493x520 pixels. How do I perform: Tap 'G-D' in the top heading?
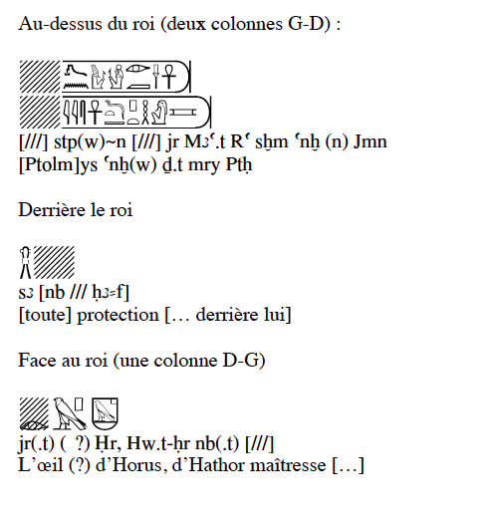tap(309, 24)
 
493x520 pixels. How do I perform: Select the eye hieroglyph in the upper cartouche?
tap(138, 69)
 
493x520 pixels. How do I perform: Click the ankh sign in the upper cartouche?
tap(169, 76)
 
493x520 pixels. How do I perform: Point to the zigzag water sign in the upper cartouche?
tap(76, 86)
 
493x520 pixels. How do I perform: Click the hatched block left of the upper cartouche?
tap(40, 77)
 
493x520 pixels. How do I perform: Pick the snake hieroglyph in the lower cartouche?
tap(115, 113)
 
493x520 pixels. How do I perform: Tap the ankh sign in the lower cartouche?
tap(95, 112)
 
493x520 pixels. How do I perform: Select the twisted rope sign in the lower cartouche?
tap(145, 113)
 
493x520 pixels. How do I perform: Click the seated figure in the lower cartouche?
tap(159, 113)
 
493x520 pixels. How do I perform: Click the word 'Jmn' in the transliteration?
tap(370, 141)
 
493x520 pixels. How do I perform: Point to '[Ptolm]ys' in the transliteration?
tap(58, 164)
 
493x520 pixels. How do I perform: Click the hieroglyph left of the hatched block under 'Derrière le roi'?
tap(25, 262)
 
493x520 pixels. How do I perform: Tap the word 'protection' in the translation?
tap(118, 315)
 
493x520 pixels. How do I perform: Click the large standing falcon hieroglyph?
tap(69, 413)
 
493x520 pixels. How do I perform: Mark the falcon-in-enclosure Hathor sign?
tap(105, 413)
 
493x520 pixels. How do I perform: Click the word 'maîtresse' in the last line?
tap(288, 464)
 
